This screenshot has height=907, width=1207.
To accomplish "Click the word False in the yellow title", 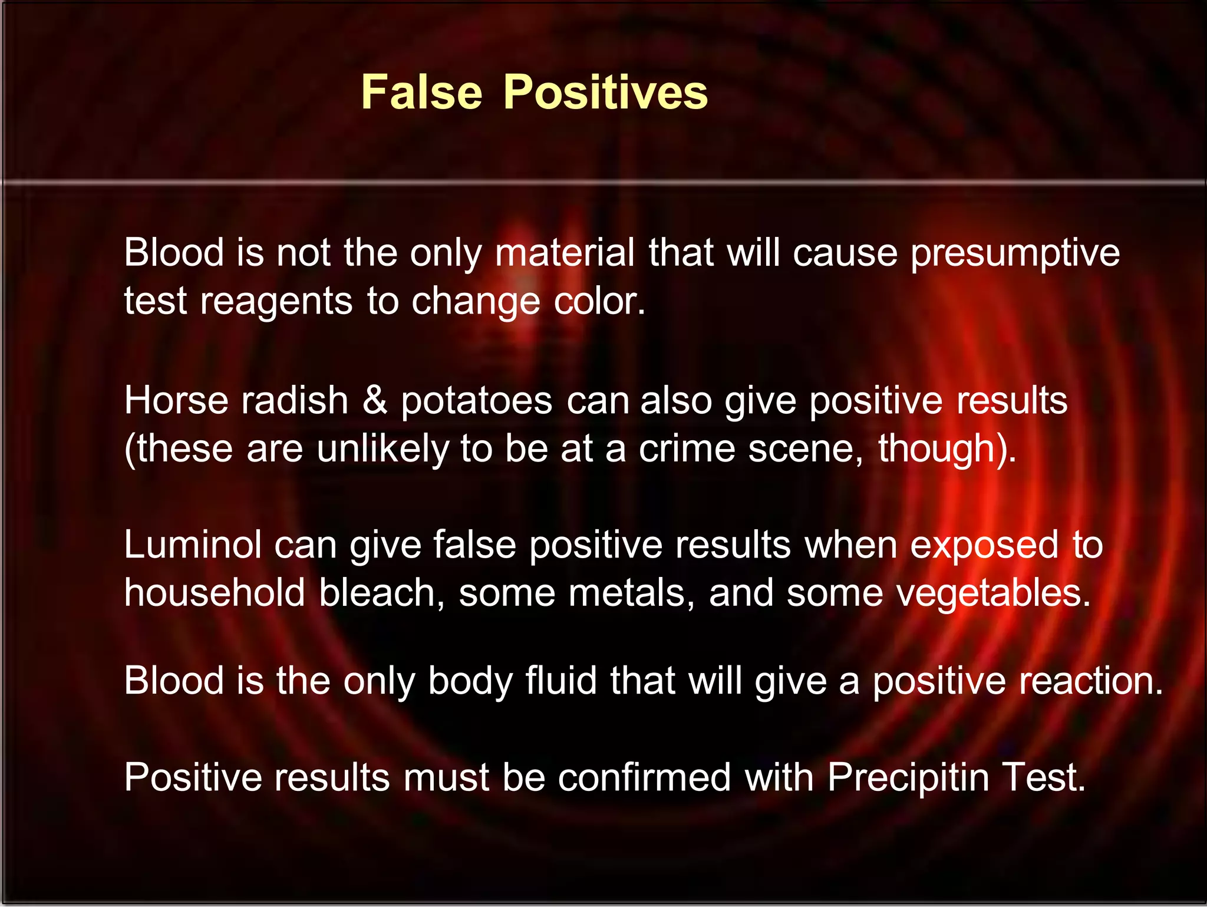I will coord(421,93).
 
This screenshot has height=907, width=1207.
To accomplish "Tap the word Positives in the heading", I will coord(605,93).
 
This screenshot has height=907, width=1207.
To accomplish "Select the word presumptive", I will coord(1015,253).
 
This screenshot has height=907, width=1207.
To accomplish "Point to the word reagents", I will coord(276,302).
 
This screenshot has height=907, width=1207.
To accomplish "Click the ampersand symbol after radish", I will coord(375,401).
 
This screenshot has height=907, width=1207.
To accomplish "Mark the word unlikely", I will coord(382,449).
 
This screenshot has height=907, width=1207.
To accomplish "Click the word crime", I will coord(687,449).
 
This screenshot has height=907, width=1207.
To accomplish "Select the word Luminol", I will coord(193,545).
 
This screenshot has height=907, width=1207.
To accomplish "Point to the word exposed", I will coord(984,546).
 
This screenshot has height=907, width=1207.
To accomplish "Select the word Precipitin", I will coord(908,778).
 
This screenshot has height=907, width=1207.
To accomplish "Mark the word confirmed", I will coord(645,777).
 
